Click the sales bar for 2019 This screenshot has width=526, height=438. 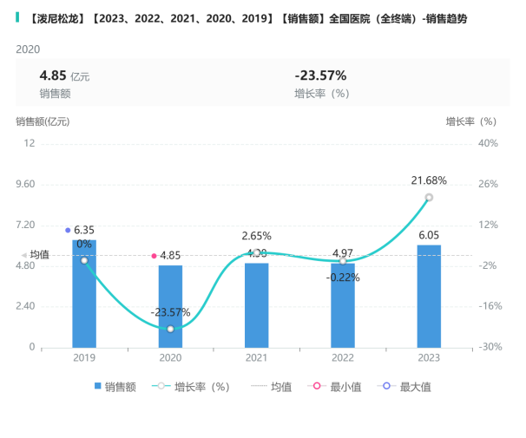(x=84, y=295)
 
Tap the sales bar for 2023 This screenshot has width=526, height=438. (x=429, y=296)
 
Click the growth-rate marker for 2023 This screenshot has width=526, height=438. (x=429, y=198)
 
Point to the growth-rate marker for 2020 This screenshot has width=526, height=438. (x=170, y=329)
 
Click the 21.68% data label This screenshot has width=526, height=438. (x=429, y=180)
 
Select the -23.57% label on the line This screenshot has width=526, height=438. (x=170, y=312)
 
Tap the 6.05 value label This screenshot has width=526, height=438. (x=429, y=235)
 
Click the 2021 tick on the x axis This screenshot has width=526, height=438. (x=256, y=357)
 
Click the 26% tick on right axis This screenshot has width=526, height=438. (x=488, y=184)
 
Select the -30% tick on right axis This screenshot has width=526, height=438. (x=487, y=347)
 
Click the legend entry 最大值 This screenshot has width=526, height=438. (x=407, y=387)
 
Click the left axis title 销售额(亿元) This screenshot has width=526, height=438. (x=43, y=121)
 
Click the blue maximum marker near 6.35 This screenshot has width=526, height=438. (x=68, y=230)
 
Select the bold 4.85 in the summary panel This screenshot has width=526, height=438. (x=53, y=75)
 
